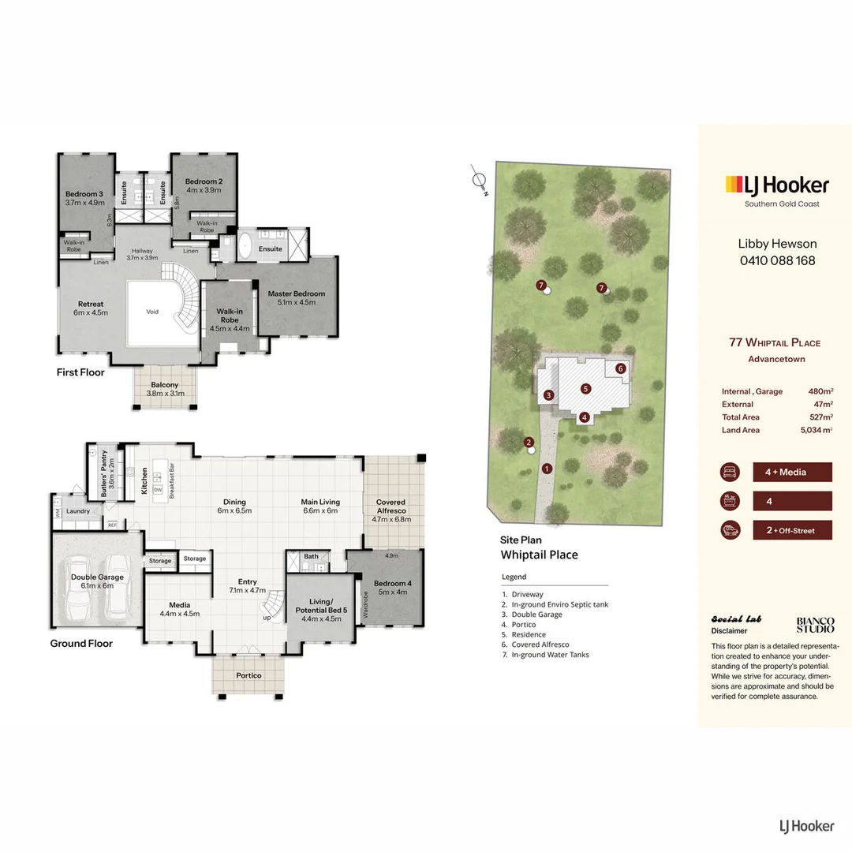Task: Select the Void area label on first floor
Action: (152, 312)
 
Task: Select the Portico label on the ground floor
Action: (248, 675)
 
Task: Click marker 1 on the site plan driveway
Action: (546, 468)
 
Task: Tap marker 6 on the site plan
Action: (621, 368)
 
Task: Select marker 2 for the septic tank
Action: (529, 443)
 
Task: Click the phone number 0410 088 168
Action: (776, 260)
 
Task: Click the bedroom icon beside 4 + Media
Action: (731, 472)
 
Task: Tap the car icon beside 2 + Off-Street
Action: (731, 530)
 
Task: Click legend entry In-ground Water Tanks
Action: (550, 655)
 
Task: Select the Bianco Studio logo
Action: (815, 625)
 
